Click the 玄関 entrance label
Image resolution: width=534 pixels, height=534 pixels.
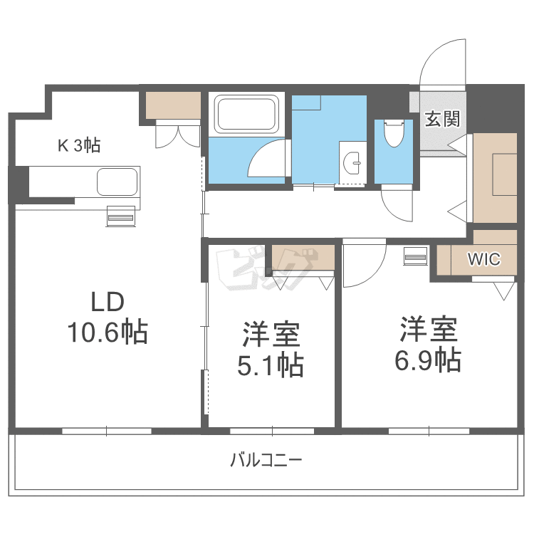click(442, 119)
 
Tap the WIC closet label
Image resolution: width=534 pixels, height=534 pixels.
click(484, 259)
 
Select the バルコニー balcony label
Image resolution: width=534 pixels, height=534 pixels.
click(266, 460)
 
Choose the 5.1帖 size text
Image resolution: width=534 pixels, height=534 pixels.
click(271, 365)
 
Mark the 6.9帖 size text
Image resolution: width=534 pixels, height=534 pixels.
click(427, 360)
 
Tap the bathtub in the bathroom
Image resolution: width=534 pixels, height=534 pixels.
click(246, 113)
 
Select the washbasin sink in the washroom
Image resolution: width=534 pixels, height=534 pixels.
click(352, 164)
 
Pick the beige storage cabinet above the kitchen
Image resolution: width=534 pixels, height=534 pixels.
click(174, 105)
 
